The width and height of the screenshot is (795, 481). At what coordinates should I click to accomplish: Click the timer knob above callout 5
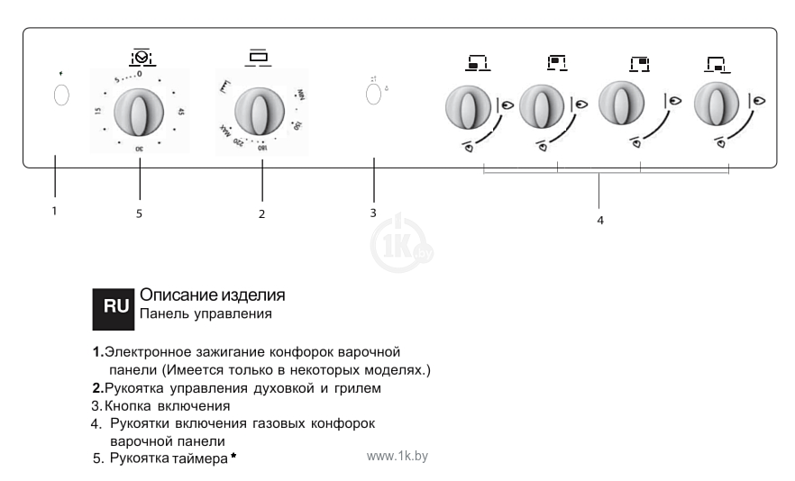point(139,113)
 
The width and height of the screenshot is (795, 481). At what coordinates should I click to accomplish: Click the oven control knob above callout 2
point(260,113)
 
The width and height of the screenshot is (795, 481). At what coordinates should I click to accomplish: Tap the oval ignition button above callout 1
point(61,95)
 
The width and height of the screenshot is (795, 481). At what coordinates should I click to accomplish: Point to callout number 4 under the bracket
point(599,221)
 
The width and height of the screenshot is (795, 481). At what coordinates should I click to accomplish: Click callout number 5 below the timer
point(139,213)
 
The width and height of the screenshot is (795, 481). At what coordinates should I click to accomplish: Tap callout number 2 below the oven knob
point(261,213)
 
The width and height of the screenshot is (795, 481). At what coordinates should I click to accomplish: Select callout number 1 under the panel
point(55,212)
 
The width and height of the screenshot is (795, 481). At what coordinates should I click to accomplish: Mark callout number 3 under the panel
point(372,213)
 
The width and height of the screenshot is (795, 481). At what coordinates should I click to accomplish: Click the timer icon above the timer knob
point(141,56)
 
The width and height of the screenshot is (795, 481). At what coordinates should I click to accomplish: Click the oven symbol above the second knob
point(259,57)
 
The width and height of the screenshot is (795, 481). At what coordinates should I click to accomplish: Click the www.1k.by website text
point(397,456)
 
